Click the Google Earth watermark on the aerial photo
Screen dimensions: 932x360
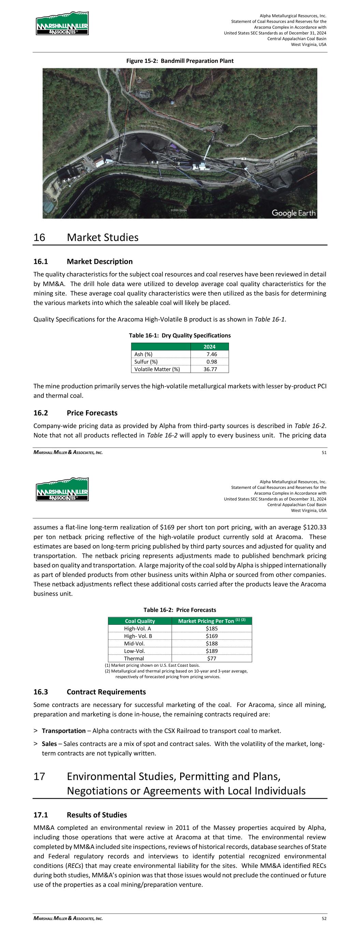click(293, 213)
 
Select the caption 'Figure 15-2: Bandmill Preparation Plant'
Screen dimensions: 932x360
click(180, 61)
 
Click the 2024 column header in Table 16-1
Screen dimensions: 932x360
click(210, 347)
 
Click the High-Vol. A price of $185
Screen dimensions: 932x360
click(212, 629)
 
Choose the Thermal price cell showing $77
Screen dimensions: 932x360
click(212, 659)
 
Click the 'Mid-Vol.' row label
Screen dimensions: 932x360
click(134, 643)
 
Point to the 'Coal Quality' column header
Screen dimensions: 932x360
click(140, 621)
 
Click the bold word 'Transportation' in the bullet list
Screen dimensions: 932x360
click(64, 731)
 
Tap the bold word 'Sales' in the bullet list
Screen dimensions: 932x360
click(49, 744)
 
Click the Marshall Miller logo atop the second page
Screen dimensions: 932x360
click(62, 490)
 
